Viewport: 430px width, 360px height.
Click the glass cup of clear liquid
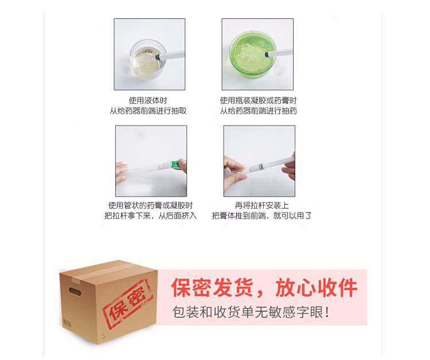coord(148,59)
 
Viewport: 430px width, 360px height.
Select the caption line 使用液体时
coord(148,101)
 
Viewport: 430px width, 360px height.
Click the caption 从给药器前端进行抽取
coord(148,111)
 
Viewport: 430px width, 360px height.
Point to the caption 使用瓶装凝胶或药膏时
coord(258,101)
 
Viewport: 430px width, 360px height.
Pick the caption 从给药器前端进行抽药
coord(259,111)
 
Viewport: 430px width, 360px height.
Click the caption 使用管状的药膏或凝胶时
coord(151,205)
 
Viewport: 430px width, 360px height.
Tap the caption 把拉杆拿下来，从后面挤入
coord(151,216)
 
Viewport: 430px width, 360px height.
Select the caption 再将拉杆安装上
coord(261,205)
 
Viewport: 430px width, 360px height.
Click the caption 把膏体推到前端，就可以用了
coord(261,216)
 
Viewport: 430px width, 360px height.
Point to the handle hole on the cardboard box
coord(75,291)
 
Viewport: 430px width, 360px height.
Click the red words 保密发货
coord(212,288)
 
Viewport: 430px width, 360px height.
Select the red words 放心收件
coord(316,288)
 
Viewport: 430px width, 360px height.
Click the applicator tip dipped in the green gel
coord(265,55)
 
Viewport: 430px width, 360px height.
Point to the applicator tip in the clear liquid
coord(158,57)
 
